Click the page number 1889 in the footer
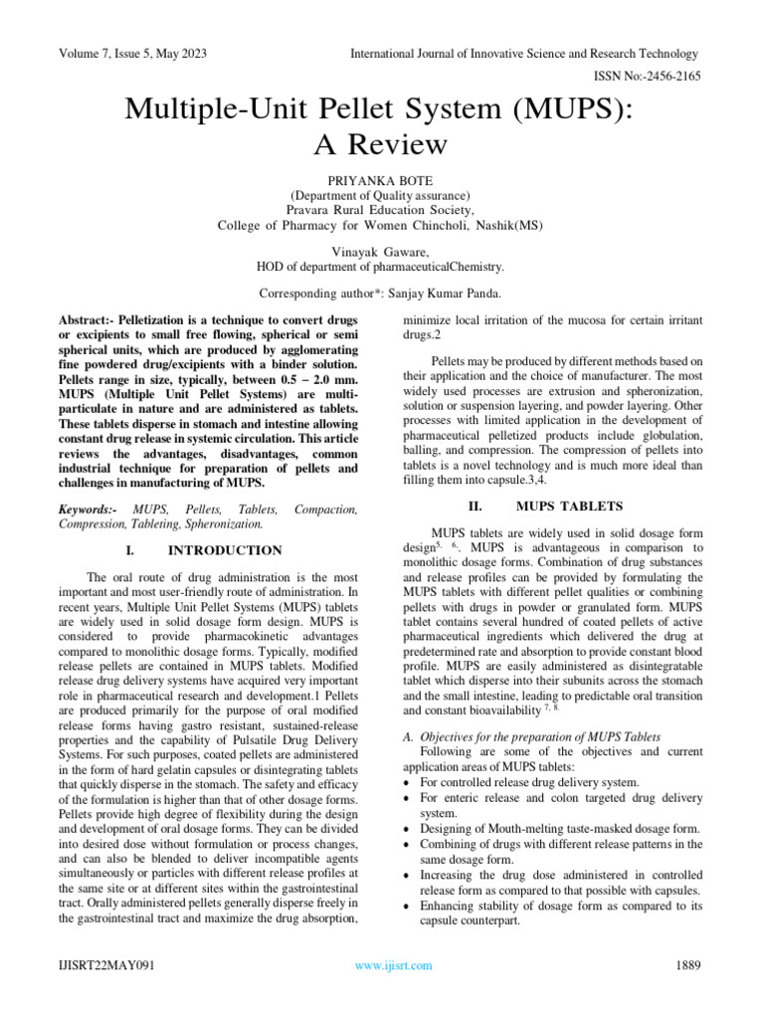[x=689, y=965]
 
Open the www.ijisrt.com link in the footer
[x=394, y=965]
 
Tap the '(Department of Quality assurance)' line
[x=380, y=195]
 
